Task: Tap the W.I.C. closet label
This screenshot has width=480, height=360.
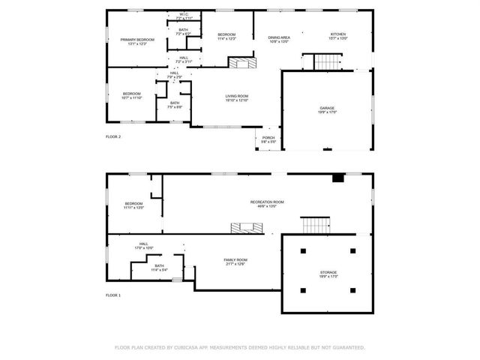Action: (x=184, y=13)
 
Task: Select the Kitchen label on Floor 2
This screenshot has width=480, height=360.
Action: (x=339, y=34)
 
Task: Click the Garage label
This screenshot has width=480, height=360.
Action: (x=327, y=108)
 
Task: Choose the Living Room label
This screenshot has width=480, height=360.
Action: (x=237, y=96)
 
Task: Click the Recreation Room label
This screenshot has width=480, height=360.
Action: (x=267, y=202)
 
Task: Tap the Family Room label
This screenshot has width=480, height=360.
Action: (x=235, y=259)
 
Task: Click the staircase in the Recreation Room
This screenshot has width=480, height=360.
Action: (x=315, y=225)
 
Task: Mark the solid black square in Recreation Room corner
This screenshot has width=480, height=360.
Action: (x=338, y=178)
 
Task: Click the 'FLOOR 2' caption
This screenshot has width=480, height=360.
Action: (x=113, y=136)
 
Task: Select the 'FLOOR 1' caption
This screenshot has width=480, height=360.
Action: (x=113, y=295)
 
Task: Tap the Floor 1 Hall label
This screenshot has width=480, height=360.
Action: (x=142, y=242)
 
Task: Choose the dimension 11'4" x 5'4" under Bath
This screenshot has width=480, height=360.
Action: (x=159, y=269)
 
